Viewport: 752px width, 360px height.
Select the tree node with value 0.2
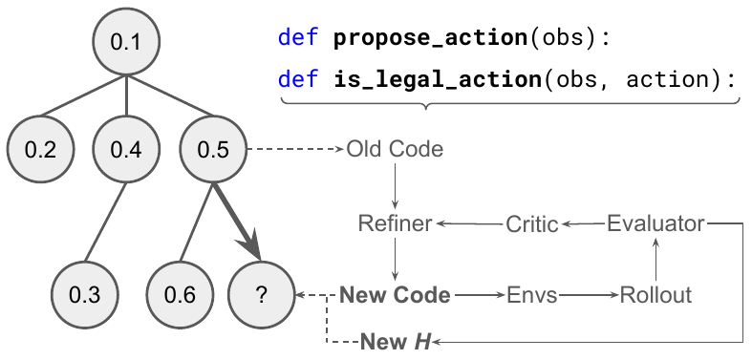(x=40, y=150)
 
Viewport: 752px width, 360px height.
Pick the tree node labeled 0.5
(x=211, y=150)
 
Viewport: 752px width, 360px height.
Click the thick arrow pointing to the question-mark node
(x=239, y=222)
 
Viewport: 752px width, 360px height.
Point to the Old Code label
(x=395, y=150)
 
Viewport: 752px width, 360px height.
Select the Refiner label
(x=395, y=223)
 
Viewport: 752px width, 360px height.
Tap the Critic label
(x=531, y=223)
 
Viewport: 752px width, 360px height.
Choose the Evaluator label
(x=655, y=223)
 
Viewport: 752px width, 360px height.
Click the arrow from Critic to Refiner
(x=470, y=223)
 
